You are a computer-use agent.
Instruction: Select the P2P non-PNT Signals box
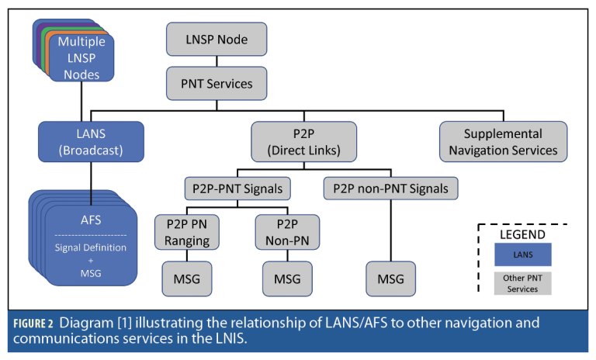coord(390,188)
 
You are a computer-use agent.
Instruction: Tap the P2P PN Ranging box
coord(186,231)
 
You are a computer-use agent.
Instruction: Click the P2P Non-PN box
coord(277,231)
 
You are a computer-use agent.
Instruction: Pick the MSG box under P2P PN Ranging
coord(186,279)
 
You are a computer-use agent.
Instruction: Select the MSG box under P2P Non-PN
coord(277,279)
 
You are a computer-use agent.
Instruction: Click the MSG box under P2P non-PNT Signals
coord(390,279)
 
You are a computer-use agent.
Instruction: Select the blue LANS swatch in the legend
coord(521,254)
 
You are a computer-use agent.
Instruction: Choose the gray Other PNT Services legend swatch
coord(521,284)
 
